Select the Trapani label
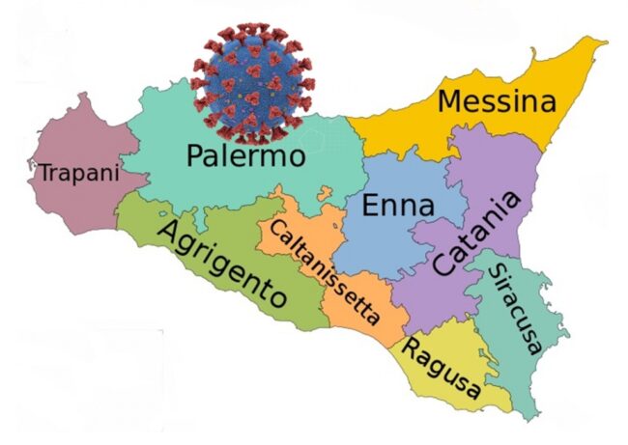click(78, 174)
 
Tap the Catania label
click(476, 235)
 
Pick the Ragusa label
click(442, 367)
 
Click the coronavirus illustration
click(250, 76)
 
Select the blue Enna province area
click(382, 246)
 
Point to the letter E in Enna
click(370, 206)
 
